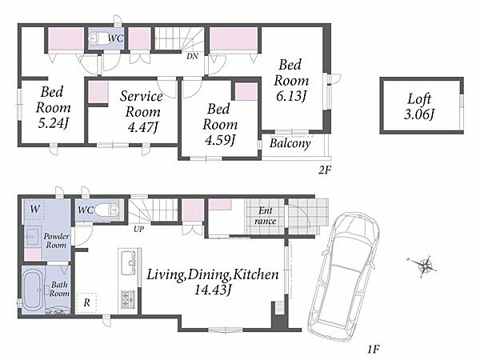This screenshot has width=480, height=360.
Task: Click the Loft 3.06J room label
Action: click(419, 106)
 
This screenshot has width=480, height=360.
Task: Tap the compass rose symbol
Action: click(424, 265)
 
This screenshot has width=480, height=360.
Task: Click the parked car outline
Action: click(343, 277)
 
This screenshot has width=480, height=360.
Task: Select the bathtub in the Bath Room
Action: click(34, 290)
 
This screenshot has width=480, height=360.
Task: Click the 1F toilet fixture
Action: click(106, 210)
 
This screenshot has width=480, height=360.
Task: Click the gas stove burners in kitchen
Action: click(128, 298)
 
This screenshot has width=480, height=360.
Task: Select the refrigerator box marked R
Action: click(86, 303)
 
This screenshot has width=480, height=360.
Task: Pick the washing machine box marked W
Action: click(34, 210)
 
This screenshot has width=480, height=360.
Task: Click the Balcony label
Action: click(290, 143)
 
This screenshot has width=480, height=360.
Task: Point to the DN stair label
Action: click(193, 56)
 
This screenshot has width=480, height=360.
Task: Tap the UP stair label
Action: click(138, 229)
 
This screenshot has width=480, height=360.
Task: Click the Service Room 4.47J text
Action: click(142, 111)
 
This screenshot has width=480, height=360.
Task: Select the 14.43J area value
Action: click(213, 290)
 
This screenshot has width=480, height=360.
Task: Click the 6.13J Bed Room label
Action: click(291, 80)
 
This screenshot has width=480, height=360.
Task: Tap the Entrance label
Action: click(266, 216)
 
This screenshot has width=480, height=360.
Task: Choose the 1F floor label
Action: click(374, 349)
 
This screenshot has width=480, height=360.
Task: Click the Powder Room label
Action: click(56, 241)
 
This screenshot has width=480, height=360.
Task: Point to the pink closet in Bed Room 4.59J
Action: click(246, 91)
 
